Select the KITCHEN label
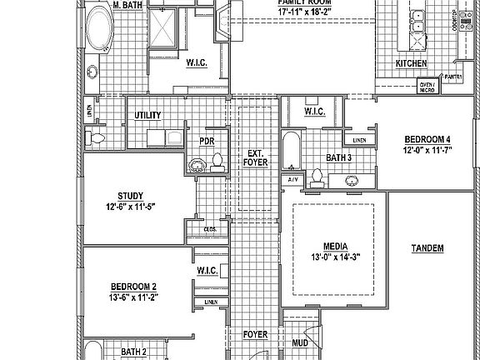[411, 63]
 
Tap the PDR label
[206, 141]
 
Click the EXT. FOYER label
[254, 158]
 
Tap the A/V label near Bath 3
[293, 179]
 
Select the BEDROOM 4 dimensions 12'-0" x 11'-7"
[427, 149]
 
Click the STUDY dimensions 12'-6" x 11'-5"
[131, 206]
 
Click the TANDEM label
[427, 248]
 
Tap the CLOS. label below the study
[211, 229]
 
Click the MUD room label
[299, 342]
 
